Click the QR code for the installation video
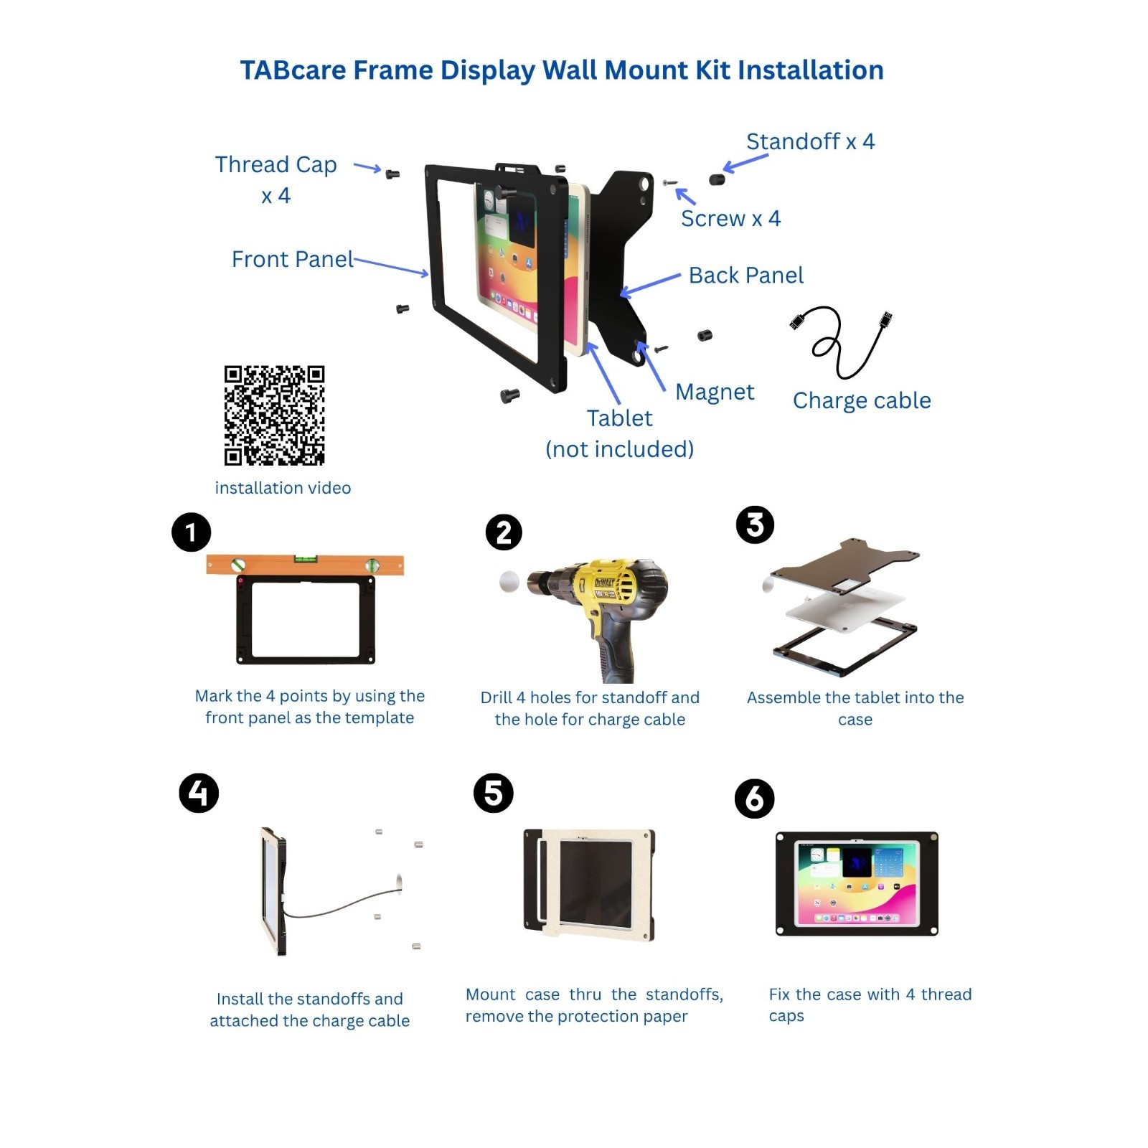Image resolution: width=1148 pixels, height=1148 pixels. coord(274,415)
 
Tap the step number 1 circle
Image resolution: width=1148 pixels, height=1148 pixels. coord(191,532)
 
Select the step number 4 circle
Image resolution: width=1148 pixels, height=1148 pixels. coord(199,793)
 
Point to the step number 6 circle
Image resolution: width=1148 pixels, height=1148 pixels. coord(754,799)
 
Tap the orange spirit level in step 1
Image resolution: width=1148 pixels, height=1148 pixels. coord(305,565)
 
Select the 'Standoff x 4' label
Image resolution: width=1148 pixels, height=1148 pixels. coord(810,141)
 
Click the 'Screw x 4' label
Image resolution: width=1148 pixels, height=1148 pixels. coord(730,218)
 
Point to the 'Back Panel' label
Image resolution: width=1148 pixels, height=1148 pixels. coord(746,275)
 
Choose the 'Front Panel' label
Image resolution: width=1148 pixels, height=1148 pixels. coord(292,259)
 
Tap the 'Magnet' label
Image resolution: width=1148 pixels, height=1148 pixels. coord(715,392)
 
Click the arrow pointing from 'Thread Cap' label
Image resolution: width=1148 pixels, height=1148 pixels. coord(367,168)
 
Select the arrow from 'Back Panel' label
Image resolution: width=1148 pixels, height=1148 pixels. coord(650,285)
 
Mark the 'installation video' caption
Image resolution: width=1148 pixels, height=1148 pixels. coord(283,488)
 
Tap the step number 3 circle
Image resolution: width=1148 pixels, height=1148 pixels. coord(755,524)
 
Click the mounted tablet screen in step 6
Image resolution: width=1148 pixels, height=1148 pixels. coord(857,884)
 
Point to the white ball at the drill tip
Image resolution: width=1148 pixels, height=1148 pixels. coord(509,582)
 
